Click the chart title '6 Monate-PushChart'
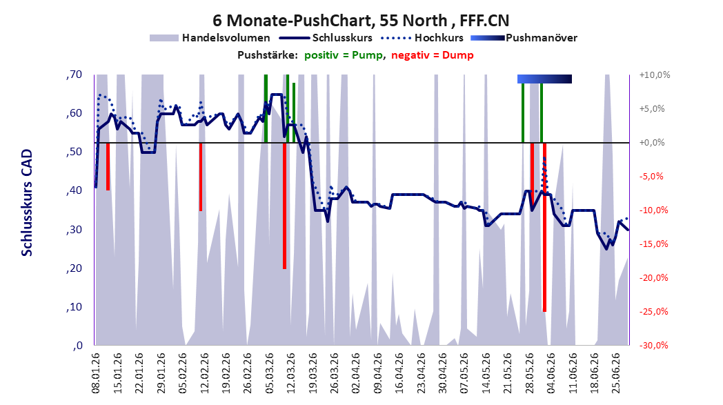click(x=293, y=21)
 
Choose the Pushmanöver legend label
click(x=542, y=38)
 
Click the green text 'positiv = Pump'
click(x=344, y=55)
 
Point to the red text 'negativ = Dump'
click(x=432, y=55)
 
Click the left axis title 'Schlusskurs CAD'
click(x=27, y=203)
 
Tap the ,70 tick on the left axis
click(x=75, y=75)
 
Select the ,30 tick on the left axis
click(x=75, y=229)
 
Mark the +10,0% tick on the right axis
click(x=655, y=75)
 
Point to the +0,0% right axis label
click(x=653, y=143)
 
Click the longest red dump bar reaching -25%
click(x=544, y=227)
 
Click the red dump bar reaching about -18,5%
click(x=284, y=206)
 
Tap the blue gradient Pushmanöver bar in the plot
click(x=544, y=79)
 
